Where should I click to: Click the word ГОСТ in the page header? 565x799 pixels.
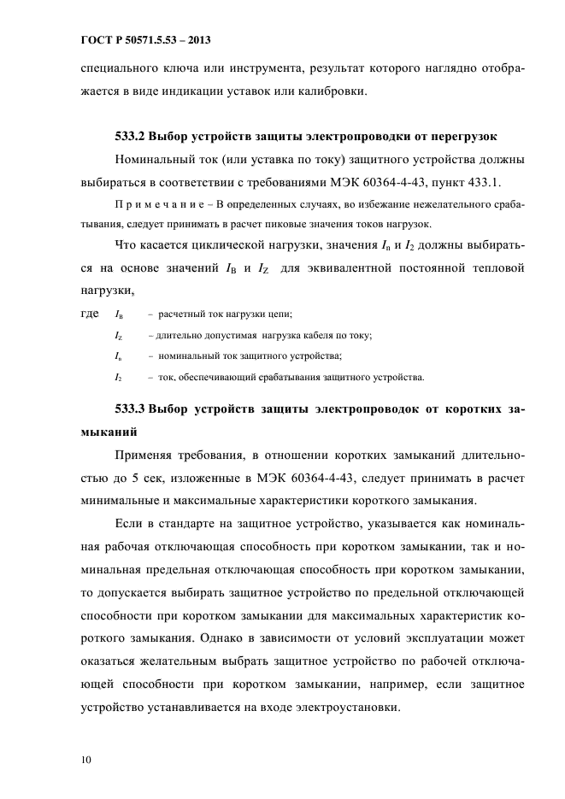tap(74, 40)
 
